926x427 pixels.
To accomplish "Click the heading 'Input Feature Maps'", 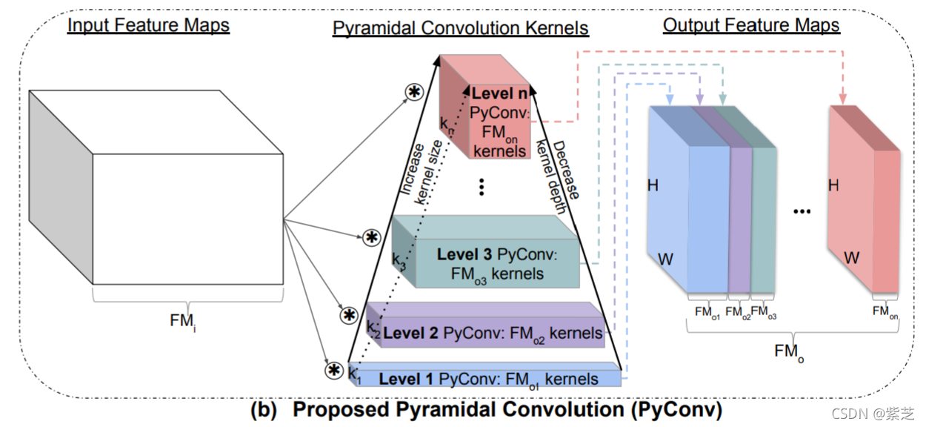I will pyautogui.click(x=148, y=25).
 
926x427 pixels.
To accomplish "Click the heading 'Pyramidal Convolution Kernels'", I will pyautogui.click(x=460, y=29).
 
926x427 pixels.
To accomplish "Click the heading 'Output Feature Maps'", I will pyautogui.click(x=751, y=25).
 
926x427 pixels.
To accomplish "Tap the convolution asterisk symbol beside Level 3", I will pyautogui.click(x=371, y=237).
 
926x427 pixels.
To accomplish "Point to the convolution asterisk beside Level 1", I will pyautogui.click(x=334, y=370).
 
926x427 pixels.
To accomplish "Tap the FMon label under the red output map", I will pyautogui.click(x=885, y=311).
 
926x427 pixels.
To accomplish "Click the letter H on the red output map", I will pyautogui.click(x=833, y=185).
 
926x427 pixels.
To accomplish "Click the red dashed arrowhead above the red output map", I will pyautogui.click(x=842, y=99).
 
